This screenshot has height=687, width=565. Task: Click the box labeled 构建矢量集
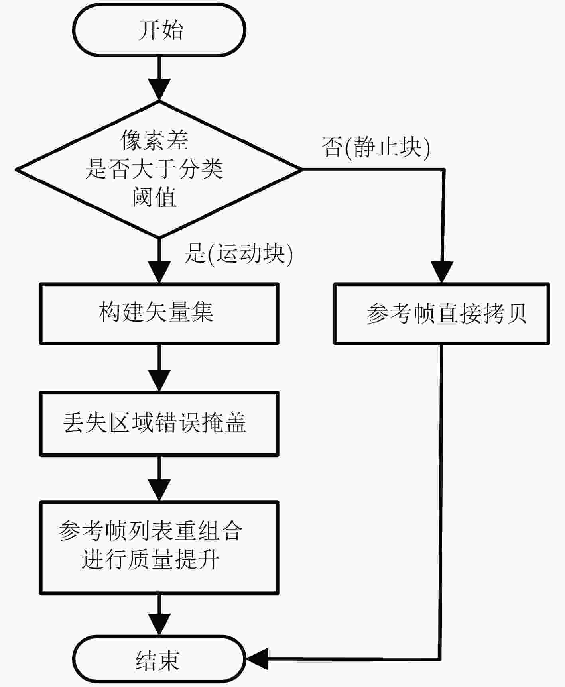click(159, 313)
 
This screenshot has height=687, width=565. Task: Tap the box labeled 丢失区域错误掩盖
click(159, 423)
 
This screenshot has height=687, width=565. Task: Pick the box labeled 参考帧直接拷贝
click(441, 313)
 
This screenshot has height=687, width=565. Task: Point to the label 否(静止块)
click(376, 147)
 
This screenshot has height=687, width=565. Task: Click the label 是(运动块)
click(238, 253)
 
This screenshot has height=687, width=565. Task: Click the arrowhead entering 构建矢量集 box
click(159, 272)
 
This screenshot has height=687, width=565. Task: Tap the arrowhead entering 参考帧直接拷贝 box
click(441, 272)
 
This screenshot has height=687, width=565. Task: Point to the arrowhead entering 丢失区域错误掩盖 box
click(159, 381)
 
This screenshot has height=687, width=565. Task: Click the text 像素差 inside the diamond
click(154, 140)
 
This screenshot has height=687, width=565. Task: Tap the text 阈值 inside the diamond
click(154, 197)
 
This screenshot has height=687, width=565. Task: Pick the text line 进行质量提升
click(150, 559)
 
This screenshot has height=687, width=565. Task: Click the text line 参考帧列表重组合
click(150, 530)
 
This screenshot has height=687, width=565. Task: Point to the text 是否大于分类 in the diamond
click(154, 168)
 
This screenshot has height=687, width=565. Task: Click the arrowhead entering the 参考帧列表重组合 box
click(159, 490)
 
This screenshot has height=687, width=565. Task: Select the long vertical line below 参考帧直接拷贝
click(441, 501)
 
